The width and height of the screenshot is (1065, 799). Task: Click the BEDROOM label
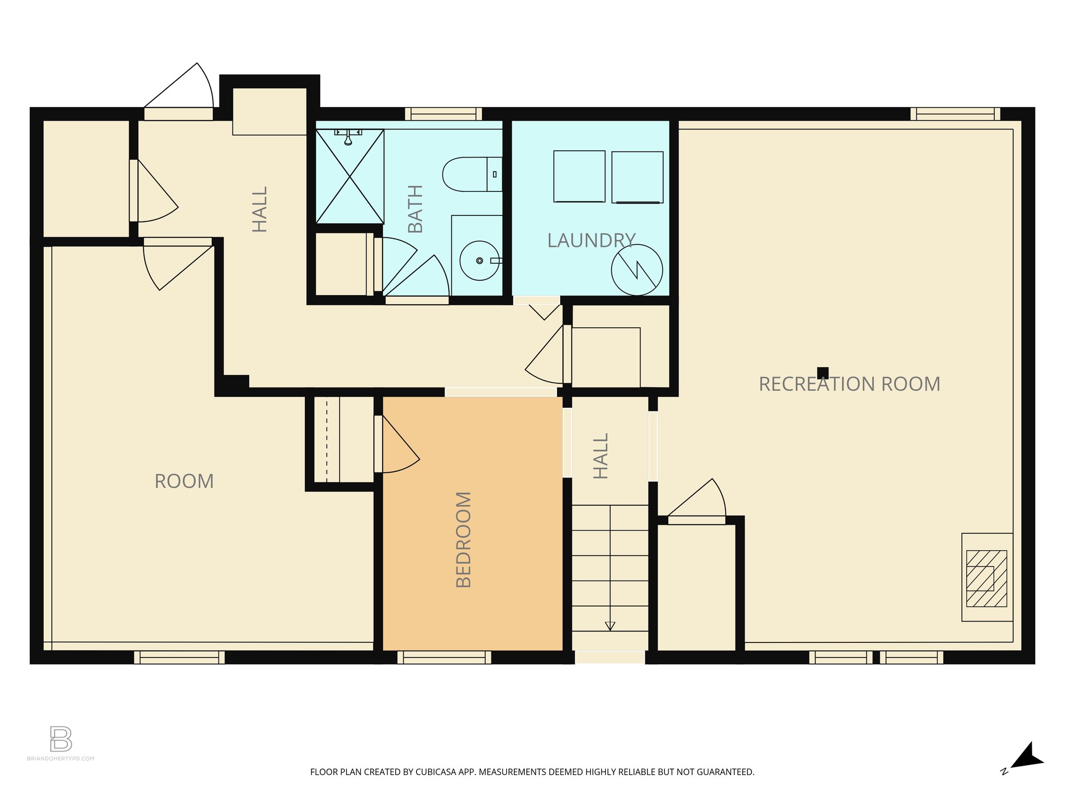click(463, 539)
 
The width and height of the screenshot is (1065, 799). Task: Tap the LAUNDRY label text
click(591, 240)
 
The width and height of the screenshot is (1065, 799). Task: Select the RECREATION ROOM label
click(849, 384)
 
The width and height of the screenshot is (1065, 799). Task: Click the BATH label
click(415, 209)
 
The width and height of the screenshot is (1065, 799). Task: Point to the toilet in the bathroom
click(471, 174)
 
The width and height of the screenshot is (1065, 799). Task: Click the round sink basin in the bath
click(479, 261)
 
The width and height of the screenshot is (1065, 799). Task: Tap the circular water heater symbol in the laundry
click(637, 270)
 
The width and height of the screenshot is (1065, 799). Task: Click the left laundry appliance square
click(579, 176)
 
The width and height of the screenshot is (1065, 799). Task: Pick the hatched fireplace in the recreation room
click(986, 578)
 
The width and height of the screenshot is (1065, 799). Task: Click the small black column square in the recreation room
click(823, 372)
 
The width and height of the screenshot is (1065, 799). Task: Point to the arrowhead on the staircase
click(610, 626)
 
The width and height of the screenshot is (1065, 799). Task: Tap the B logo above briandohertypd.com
click(61, 739)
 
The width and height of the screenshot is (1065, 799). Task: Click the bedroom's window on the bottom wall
click(444, 658)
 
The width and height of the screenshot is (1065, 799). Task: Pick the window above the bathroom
click(443, 114)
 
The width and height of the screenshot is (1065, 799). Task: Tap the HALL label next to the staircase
click(601, 456)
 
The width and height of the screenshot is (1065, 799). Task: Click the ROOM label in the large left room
click(184, 481)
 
